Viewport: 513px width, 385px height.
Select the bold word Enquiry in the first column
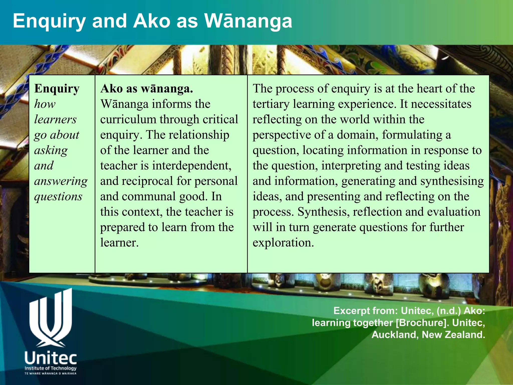coord(57,89)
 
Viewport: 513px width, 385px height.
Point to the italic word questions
coord(58,197)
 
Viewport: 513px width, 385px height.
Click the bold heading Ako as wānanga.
coord(147,89)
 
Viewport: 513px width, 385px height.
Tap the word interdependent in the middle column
coord(192,166)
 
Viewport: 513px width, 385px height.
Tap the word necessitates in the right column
coord(441,104)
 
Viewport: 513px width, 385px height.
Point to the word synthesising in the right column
coord(452,181)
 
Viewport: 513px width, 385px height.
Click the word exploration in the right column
coord(283,243)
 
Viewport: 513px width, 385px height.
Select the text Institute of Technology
coord(51,368)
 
